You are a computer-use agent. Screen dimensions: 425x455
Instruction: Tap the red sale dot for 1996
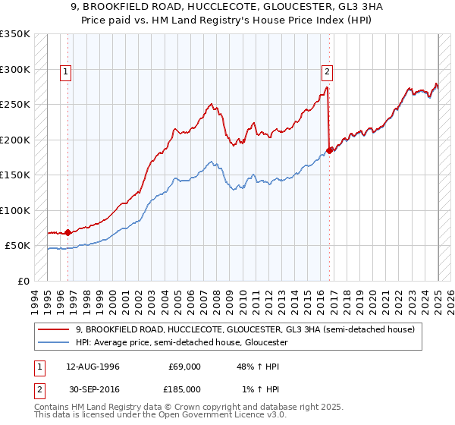[67, 232]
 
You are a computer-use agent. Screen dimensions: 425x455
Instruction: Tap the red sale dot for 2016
[329, 150]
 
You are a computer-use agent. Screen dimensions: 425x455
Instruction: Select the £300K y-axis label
[16, 69]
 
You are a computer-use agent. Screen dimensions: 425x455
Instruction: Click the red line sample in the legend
[54, 329]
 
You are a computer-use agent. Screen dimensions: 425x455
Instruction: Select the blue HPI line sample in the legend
[54, 342]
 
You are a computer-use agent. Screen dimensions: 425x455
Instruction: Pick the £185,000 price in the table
[184, 389]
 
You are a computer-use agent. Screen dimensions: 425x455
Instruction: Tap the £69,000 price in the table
[184, 367]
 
